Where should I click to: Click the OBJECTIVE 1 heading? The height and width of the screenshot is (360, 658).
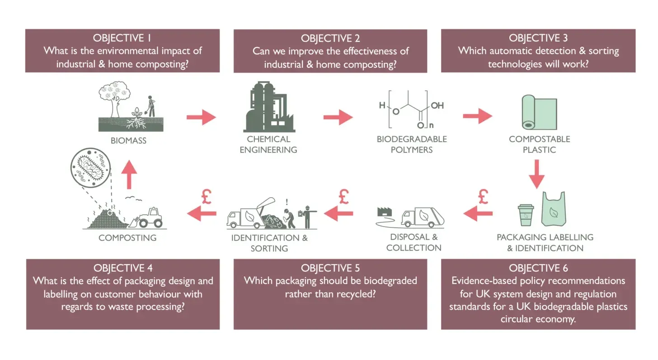click(122, 38)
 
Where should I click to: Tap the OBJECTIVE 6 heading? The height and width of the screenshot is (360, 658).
click(538, 268)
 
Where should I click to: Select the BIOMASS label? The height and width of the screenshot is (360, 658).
click(128, 141)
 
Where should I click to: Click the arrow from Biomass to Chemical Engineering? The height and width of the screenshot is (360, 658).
click(201, 117)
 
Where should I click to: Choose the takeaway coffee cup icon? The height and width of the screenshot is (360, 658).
click(526, 215)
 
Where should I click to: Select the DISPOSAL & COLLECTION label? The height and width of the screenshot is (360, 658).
click(414, 242)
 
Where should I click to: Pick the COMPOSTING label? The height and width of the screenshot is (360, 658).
click(127, 237)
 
